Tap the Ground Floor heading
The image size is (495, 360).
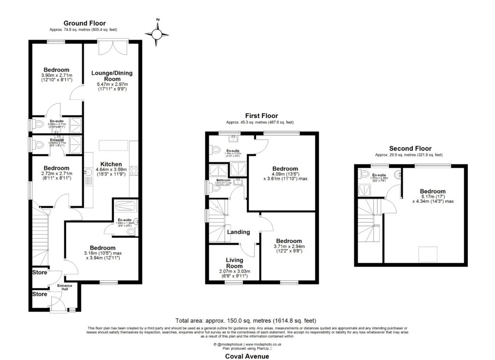tap(85, 23)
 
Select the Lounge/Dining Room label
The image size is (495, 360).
tap(112, 76)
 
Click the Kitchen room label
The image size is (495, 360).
tap(111, 164)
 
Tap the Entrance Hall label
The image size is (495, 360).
tap(65, 288)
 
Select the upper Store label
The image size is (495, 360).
tap(40, 273)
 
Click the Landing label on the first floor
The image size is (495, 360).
tap(238, 232)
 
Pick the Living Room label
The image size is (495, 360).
tap(234, 263)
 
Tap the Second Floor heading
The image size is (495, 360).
tap(410, 148)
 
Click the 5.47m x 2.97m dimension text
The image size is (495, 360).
tap(112, 85)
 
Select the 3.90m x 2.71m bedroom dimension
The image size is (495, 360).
tap(56, 76)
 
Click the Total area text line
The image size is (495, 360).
tap(247, 320)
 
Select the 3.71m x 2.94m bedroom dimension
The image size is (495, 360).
tap(289, 246)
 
